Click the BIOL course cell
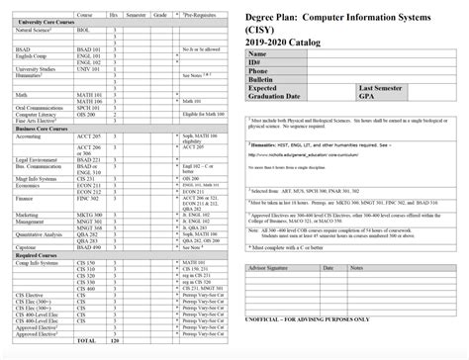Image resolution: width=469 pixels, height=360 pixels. point(84,30)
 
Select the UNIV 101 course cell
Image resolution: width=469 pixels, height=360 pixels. point(88,69)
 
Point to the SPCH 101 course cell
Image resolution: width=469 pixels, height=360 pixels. point(88,107)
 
